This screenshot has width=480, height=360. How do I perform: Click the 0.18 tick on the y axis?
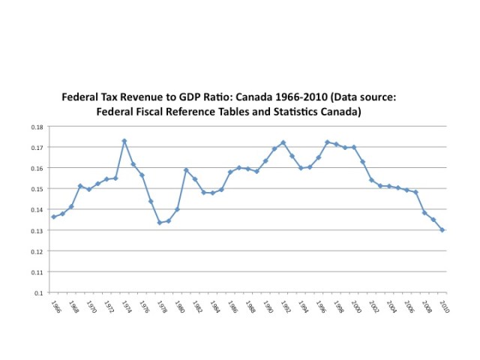(x=37, y=127)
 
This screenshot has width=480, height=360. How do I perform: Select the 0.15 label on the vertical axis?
(x=37, y=189)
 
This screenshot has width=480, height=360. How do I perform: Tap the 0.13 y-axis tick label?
(x=37, y=230)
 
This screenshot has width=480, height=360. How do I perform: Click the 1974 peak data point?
(x=124, y=141)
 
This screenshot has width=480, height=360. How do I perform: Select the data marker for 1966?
(x=54, y=217)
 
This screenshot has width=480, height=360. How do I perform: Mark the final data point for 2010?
(x=442, y=229)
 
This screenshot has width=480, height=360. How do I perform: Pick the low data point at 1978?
(x=160, y=223)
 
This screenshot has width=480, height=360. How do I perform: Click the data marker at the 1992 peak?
(x=283, y=142)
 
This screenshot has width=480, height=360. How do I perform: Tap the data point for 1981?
(x=186, y=170)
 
